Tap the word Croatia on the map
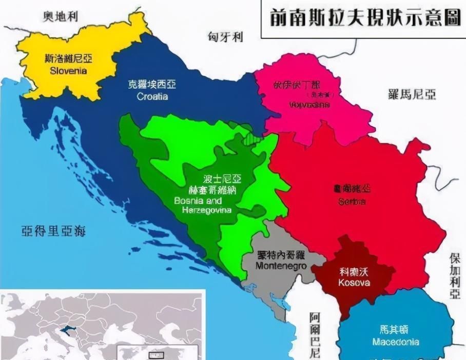152,96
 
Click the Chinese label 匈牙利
226,37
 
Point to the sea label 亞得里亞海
53,231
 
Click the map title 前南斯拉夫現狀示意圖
364,19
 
